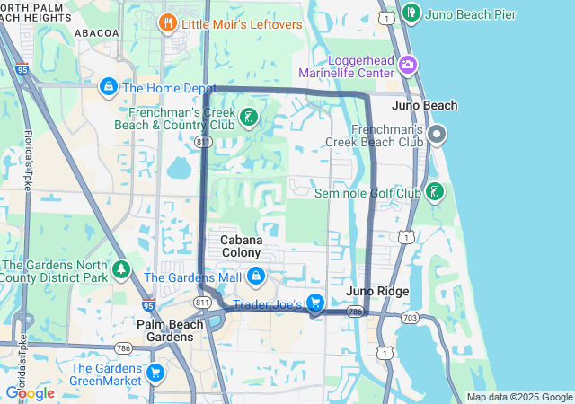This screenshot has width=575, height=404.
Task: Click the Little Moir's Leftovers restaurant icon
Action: point(167,23)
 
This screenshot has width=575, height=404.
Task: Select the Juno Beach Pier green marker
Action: point(412,13)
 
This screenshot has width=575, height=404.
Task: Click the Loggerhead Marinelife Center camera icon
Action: point(408,64)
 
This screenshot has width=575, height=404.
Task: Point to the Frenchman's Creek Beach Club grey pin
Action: point(437,136)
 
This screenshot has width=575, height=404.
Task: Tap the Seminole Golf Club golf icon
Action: point(434,192)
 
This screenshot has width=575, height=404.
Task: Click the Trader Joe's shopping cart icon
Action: point(314,303)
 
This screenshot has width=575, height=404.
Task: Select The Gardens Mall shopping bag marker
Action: point(255,277)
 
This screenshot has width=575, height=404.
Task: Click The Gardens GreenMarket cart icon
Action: point(155,372)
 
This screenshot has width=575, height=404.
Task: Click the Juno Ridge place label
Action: point(378,292)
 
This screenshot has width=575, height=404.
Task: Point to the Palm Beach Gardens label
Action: point(165,329)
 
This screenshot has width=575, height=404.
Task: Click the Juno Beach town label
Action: point(425,106)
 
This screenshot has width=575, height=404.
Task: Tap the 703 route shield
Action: point(411,317)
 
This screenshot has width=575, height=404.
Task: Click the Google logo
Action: point(30,392)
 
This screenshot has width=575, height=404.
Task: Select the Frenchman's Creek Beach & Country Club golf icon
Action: point(249,117)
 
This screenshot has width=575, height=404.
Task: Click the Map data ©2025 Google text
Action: point(519,397)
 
